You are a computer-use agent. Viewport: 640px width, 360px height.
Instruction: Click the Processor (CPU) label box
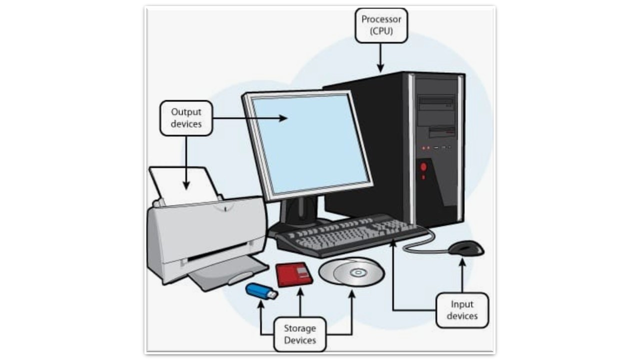click(381, 25)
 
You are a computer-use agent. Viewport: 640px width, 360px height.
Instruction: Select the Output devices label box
click(186, 117)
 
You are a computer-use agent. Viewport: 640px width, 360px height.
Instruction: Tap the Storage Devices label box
click(300, 334)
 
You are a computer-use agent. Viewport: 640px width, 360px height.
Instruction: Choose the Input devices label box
click(462, 310)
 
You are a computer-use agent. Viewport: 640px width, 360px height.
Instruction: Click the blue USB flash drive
click(261, 290)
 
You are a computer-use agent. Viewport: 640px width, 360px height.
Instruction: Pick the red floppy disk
click(294, 274)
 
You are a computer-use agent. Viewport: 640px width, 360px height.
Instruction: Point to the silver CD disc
click(351, 272)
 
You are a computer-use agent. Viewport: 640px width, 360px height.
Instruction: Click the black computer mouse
click(466, 247)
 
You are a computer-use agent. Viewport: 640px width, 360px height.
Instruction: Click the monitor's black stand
click(300, 212)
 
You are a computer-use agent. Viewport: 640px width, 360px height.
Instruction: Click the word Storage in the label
click(300, 328)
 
